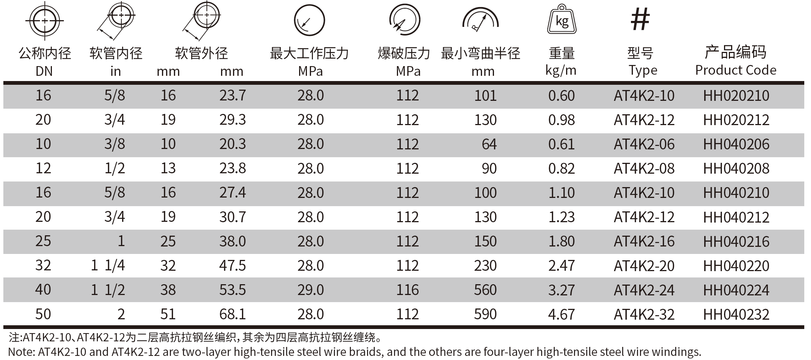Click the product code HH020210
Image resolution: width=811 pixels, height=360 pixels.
point(736,96)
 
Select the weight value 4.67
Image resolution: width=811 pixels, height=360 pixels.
point(561,314)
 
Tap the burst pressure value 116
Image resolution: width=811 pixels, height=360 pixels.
point(407,290)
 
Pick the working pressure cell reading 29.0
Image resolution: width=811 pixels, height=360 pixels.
point(310,290)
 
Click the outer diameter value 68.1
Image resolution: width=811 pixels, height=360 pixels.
point(232,314)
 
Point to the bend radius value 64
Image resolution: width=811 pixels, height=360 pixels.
point(489,145)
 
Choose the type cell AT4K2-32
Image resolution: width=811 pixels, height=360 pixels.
point(644,314)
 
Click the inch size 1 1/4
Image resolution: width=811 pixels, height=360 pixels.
point(108,266)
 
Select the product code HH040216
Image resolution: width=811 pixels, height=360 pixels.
point(736,242)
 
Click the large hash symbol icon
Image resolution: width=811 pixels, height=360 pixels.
point(640,19)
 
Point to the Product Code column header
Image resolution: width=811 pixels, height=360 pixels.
point(736,70)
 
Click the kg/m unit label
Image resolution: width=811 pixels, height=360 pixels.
point(560,70)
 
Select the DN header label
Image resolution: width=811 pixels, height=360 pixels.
point(44,71)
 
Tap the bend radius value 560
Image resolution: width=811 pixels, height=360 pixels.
point(485,290)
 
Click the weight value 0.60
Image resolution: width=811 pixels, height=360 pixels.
point(561,96)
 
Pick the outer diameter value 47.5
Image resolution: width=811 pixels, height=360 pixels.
point(232,266)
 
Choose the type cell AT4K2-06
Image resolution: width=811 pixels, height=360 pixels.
point(644,145)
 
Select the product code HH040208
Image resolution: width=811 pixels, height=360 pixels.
point(736,169)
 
